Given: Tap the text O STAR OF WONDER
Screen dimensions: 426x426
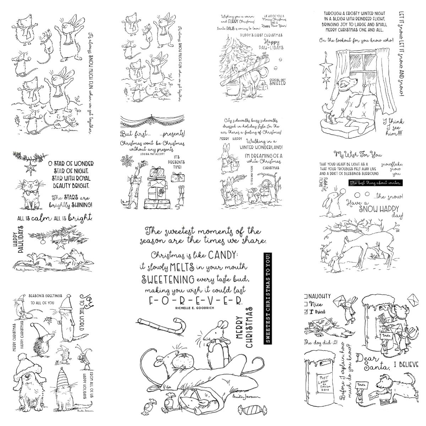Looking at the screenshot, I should (71, 163).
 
